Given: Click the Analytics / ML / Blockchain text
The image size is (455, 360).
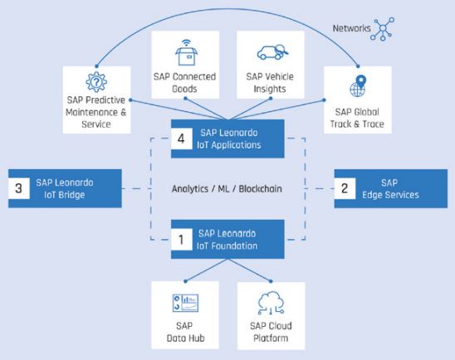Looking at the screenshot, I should tap(227, 189).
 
